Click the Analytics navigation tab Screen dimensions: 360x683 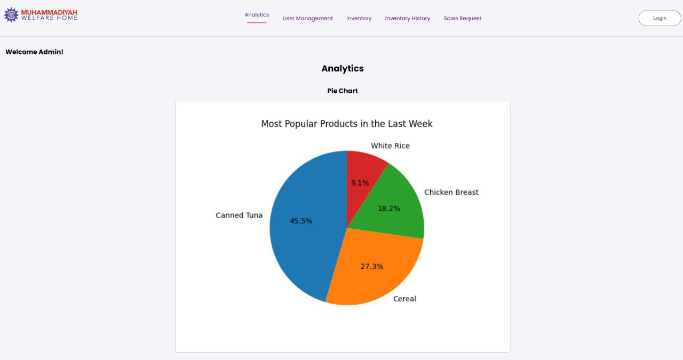pyautogui.click(x=257, y=15)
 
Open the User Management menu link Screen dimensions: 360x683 pyautogui.click(x=307, y=19)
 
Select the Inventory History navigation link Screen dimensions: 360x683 pyautogui.click(x=407, y=19)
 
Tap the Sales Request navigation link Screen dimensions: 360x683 pyautogui.click(x=462, y=19)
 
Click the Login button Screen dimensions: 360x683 pyautogui.click(x=660, y=18)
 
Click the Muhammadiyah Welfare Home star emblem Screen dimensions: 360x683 pyautogui.click(x=11, y=15)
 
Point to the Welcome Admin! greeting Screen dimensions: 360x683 pyautogui.click(x=34, y=52)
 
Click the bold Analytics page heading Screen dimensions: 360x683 pyautogui.click(x=342, y=68)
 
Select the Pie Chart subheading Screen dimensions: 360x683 pyautogui.click(x=342, y=91)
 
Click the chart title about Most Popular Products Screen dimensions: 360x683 pyautogui.click(x=346, y=124)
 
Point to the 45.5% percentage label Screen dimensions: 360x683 pyautogui.click(x=301, y=221)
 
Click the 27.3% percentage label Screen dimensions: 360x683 pyautogui.click(x=371, y=266)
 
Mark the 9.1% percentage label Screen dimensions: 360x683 pyautogui.click(x=360, y=183)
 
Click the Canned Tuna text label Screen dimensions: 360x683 pyautogui.click(x=239, y=215)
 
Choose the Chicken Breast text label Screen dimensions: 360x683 pyautogui.click(x=451, y=192)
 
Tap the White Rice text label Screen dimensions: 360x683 pyautogui.click(x=390, y=146)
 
